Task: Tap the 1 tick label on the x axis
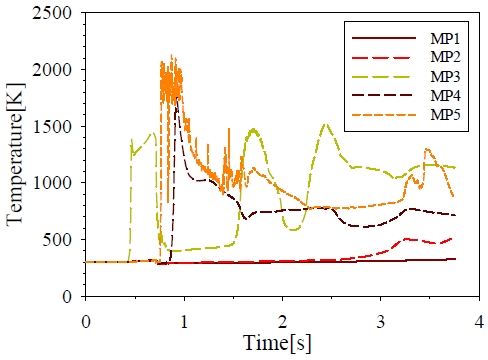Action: coord(184,320)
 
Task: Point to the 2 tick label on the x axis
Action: coord(283,320)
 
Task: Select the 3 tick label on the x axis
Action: coord(381,320)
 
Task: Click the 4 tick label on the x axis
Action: coord(479,320)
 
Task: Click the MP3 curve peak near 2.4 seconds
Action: coord(326,125)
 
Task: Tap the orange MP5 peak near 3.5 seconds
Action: coord(428,150)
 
